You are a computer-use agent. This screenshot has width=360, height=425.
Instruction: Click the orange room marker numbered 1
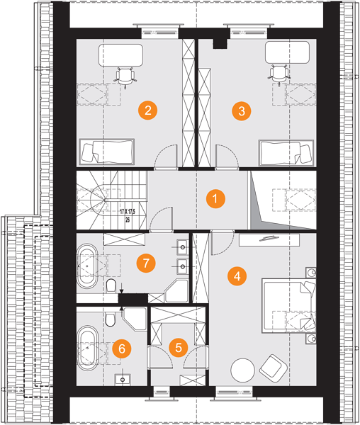click(x=215, y=198)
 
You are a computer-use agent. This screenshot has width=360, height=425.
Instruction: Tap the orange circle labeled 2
click(x=147, y=110)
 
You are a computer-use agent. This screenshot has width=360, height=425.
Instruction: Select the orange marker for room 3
click(x=242, y=111)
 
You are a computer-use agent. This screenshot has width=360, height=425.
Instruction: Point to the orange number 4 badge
click(x=237, y=276)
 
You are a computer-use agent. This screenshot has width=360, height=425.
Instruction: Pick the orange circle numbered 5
click(x=179, y=348)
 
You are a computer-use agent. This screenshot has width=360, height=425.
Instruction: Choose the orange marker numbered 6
click(x=122, y=348)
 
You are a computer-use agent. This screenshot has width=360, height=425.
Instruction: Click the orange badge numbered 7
click(x=146, y=263)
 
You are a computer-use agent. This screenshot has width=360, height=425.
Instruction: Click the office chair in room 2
click(x=125, y=76)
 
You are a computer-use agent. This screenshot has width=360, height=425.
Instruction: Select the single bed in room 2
click(x=107, y=152)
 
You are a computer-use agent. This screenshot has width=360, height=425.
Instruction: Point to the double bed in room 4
click(x=288, y=305)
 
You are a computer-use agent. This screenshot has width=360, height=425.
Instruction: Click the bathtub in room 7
click(x=87, y=266)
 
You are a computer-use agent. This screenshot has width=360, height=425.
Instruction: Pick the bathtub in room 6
click(x=88, y=348)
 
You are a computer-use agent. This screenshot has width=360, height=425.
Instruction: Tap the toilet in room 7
click(x=111, y=285)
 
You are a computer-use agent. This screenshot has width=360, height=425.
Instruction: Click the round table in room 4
click(x=242, y=370)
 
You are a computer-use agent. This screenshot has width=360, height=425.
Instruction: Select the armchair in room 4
click(x=274, y=368)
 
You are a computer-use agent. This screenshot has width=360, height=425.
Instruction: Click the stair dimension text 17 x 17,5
click(x=128, y=211)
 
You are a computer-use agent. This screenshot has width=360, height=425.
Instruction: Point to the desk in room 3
click(x=287, y=52)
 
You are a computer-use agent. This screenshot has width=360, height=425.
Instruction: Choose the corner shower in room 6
click(x=135, y=319)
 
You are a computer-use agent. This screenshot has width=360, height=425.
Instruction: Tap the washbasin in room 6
click(x=123, y=380)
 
